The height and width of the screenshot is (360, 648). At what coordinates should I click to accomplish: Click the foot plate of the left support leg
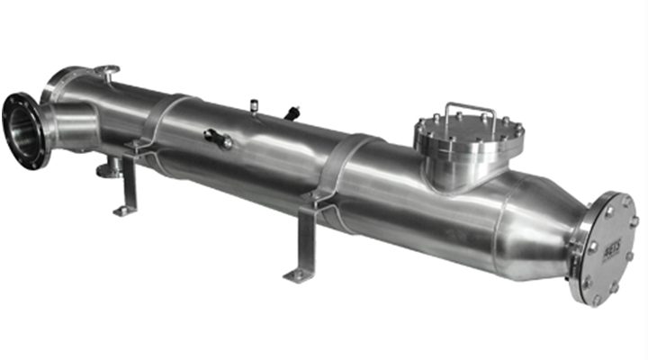tap(125, 211)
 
